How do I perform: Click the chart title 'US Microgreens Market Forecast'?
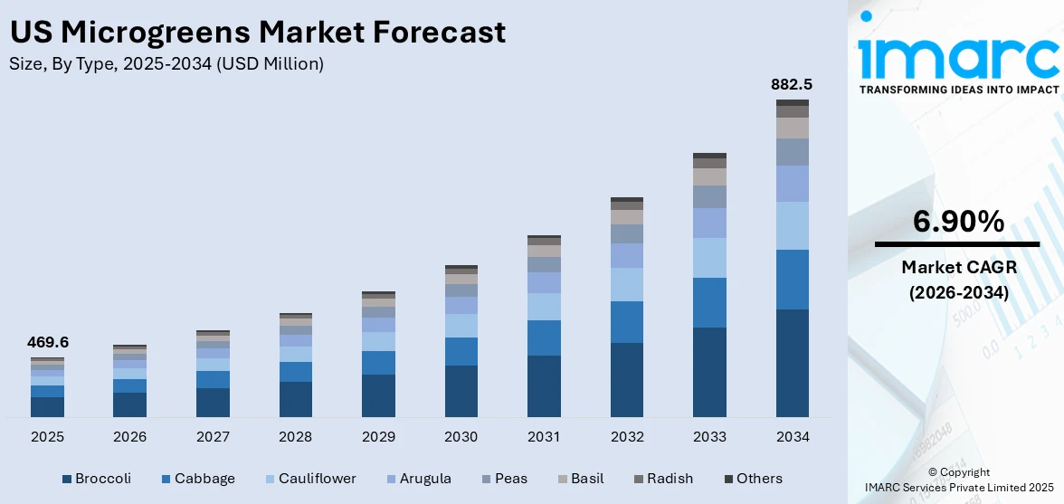(x=257, y=33)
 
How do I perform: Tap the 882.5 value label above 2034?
(x=792, y=84)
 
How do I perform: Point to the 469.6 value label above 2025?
(x=47, y=342)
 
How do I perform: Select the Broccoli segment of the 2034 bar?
(x=792, y=362)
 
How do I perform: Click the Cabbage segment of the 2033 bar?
(x=709, y=302)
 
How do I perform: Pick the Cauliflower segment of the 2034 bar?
(x=792, y=225)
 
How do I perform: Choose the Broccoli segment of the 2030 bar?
(x=461, y=391)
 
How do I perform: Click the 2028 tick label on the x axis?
(x=296, y=437)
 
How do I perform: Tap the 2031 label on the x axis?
(x=544, y=437)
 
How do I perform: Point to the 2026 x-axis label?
(x=130, y=437)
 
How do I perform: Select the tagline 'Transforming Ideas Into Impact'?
(x=957, y=90)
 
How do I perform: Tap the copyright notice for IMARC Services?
(x=958, y=480)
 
